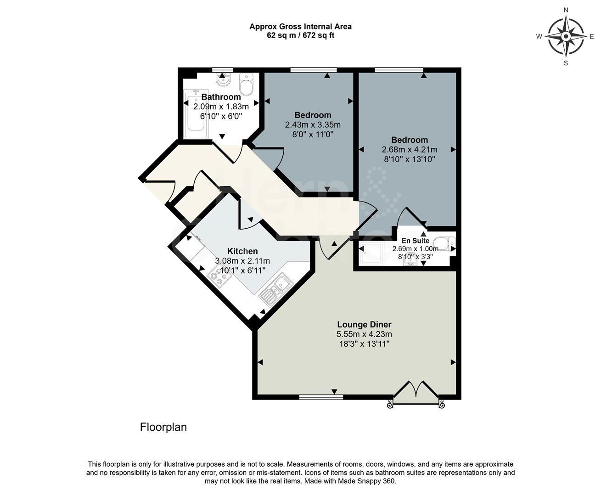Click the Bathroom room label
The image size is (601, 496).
221,97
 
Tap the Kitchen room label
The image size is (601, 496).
242,251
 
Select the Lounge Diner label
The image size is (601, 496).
364,325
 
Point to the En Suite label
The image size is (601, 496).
415,241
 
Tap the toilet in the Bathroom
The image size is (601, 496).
247,85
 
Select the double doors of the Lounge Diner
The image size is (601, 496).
416,391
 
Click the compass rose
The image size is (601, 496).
566,36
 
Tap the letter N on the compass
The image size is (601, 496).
566,10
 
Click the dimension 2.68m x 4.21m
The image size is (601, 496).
409,149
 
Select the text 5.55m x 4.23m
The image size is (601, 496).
364,334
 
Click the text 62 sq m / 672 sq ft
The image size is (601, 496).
300,35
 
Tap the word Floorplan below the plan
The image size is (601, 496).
163,427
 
